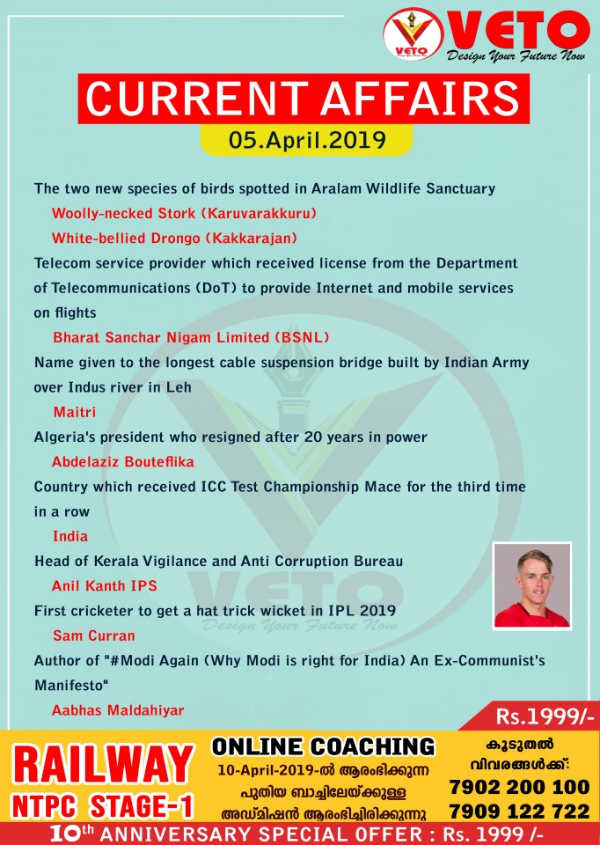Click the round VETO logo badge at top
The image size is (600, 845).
pyautogui.click(x=412, y=36)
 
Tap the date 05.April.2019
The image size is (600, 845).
pyautogui.click(x=307, y=139)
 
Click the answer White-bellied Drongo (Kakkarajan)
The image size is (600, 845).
pyautogui.click(x=175, y=238)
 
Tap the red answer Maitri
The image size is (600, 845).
pyautogui.click(x=74, y=411)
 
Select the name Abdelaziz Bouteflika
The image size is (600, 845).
pyautogui.click(x=122, y=461)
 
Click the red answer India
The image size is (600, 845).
pyautogui.click(x=70, y=536)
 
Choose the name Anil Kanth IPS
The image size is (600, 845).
pyautogui.click(x=106, y=585)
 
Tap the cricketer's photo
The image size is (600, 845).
pyautogui.click(x=531, y=584)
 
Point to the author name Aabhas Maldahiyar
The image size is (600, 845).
pyautogui.click(x=118, y=709)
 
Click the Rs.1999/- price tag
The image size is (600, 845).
pyautogui.click(x=545, y=716)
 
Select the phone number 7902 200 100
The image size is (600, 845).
pyautogui.click(x=519, y=785)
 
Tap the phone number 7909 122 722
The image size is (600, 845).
pyautogui.click(x=519, y=810)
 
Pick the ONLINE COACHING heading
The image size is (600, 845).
pyautogui.click(x=323, y=746)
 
